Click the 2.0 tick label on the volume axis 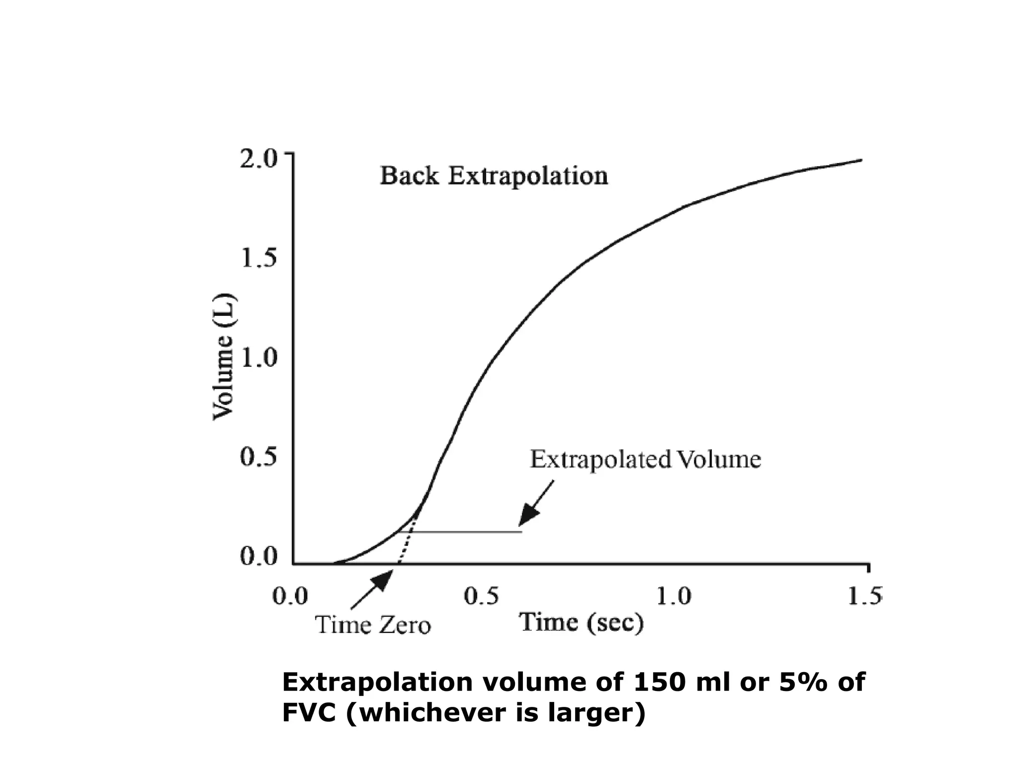pos(257,159)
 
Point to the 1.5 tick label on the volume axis pos(257,258)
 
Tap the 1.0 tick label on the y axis pos(257,358)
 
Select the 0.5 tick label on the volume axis pos(257,457)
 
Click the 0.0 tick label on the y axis pos(257,556)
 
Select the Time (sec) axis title pos(582,622)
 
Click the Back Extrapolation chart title pos(494,176)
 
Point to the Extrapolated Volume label pos(645,459)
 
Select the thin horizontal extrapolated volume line pos(467,532)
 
